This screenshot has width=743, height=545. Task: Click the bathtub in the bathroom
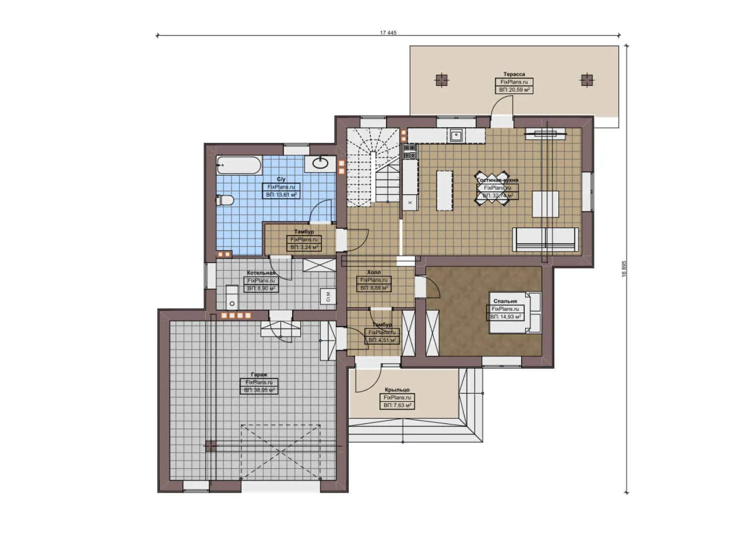coord(239,165)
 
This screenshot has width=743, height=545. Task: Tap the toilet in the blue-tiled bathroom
coord(225,200)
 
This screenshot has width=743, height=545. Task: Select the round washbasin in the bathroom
coord(321,162)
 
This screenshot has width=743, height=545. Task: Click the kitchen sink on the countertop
coord(456,135)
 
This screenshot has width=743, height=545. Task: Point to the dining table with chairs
coord(492,189)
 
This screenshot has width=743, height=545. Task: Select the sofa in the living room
coord(545,239)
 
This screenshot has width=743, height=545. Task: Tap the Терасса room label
coord(513,74)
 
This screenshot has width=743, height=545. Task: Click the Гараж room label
coord(259,374)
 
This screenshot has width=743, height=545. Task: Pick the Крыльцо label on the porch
coord(397,390)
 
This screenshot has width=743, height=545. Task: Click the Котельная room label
coord(261,272)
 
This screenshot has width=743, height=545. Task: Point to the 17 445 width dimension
coord(388,33)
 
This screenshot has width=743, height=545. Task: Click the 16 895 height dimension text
coord(623,268)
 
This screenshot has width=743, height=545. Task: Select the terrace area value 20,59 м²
coord(513,89)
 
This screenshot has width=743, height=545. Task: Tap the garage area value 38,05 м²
coord(259,390)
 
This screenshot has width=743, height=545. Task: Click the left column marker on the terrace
coord(441,80)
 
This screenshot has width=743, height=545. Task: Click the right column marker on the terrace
coord(586,80)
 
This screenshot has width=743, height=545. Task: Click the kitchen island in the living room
coord(444,190)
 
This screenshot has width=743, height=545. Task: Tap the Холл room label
coord(374,272)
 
